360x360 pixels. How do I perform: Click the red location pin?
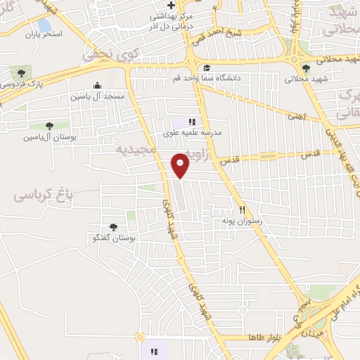181,165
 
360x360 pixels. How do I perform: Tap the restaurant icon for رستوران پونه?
243,209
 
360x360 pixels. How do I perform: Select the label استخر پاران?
43,34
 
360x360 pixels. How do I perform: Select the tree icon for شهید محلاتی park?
306,67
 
